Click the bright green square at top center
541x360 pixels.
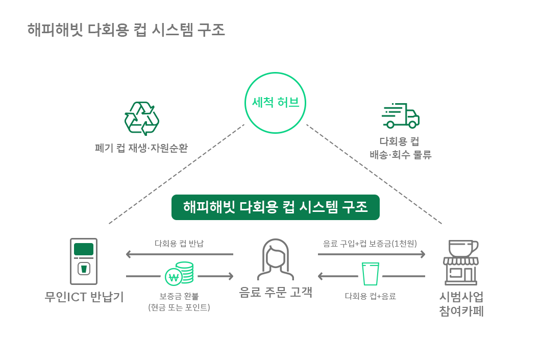pos(276,103)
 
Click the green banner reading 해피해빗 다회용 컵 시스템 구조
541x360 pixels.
pos(276,207)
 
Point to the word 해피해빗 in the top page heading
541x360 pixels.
pos(56,30)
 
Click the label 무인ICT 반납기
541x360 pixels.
pos(84,297)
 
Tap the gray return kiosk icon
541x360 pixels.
pos(84,261)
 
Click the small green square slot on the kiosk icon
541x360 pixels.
pos(84,269)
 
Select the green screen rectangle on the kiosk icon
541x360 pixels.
pos(84,249)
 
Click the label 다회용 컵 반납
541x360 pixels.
pos(179,244)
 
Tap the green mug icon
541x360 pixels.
pos(180,273)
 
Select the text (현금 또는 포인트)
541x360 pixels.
pos(179,307)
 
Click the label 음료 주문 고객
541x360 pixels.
pos(276,292)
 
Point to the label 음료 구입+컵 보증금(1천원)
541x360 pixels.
pos(370,244)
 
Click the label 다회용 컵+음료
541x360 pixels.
pos(371,296)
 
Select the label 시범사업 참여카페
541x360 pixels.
pos(461,304)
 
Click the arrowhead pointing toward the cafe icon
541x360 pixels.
pos(422,254)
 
